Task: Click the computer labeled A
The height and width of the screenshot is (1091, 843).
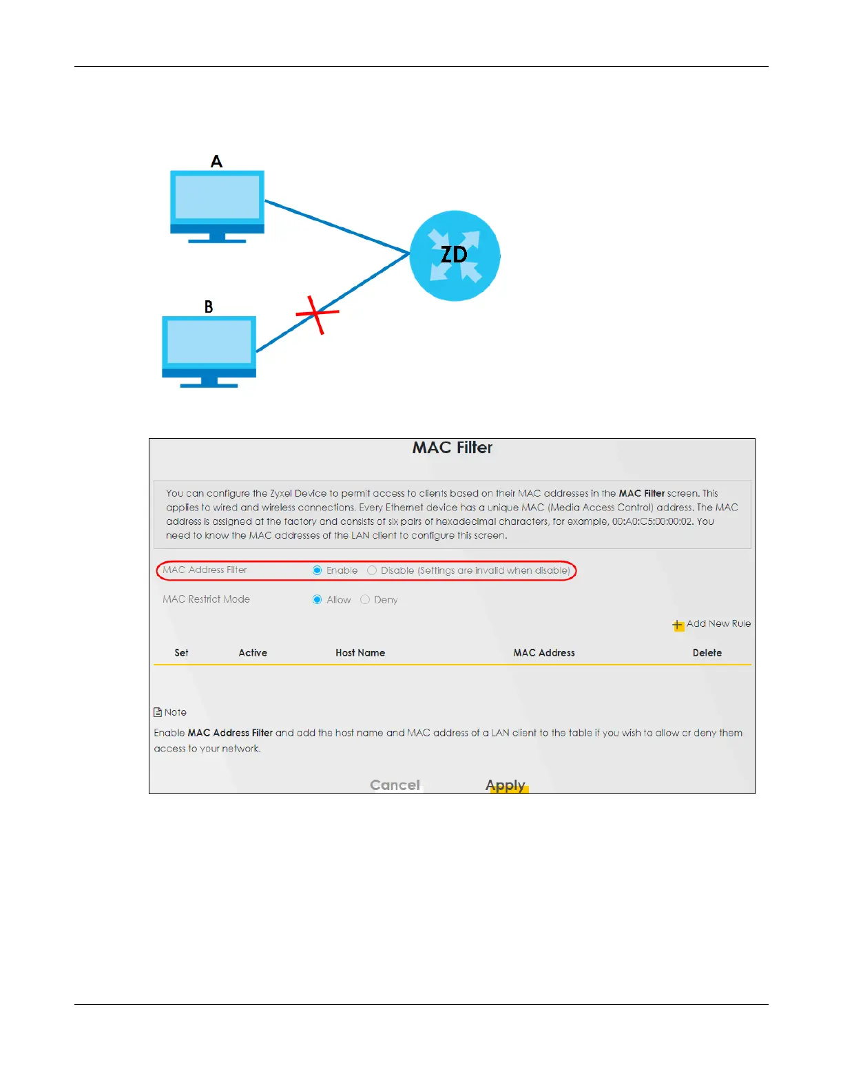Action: click(217, 204)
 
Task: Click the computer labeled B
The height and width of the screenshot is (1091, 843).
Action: click(209, 349)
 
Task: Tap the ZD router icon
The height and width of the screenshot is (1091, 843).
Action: click(455, 256)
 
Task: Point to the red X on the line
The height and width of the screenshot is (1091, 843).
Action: click(317, 314)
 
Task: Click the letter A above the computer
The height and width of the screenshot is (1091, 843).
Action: click(216, 162)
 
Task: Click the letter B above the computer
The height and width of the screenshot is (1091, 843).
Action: click(209, 307)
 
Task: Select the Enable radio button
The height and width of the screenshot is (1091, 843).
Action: click(317, 570)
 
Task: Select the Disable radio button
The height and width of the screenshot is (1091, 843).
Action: click(372, 570)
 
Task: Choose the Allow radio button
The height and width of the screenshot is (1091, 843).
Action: click(317, 600)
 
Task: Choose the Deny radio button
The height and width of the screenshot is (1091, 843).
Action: click(365, 600)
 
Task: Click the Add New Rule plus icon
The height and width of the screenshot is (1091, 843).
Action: click(678, 625)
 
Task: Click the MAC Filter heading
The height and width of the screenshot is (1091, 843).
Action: click(452, 448)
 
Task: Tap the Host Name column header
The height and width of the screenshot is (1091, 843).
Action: click(360, 653)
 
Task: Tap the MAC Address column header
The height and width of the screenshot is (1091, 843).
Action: click(544, 653)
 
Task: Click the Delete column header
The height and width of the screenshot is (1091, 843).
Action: click(707, 653)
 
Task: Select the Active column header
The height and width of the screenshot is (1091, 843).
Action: click(253, 653)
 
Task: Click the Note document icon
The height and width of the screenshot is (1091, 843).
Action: click(158, 712)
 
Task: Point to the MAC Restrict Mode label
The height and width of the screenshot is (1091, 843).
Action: click(206, 599)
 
